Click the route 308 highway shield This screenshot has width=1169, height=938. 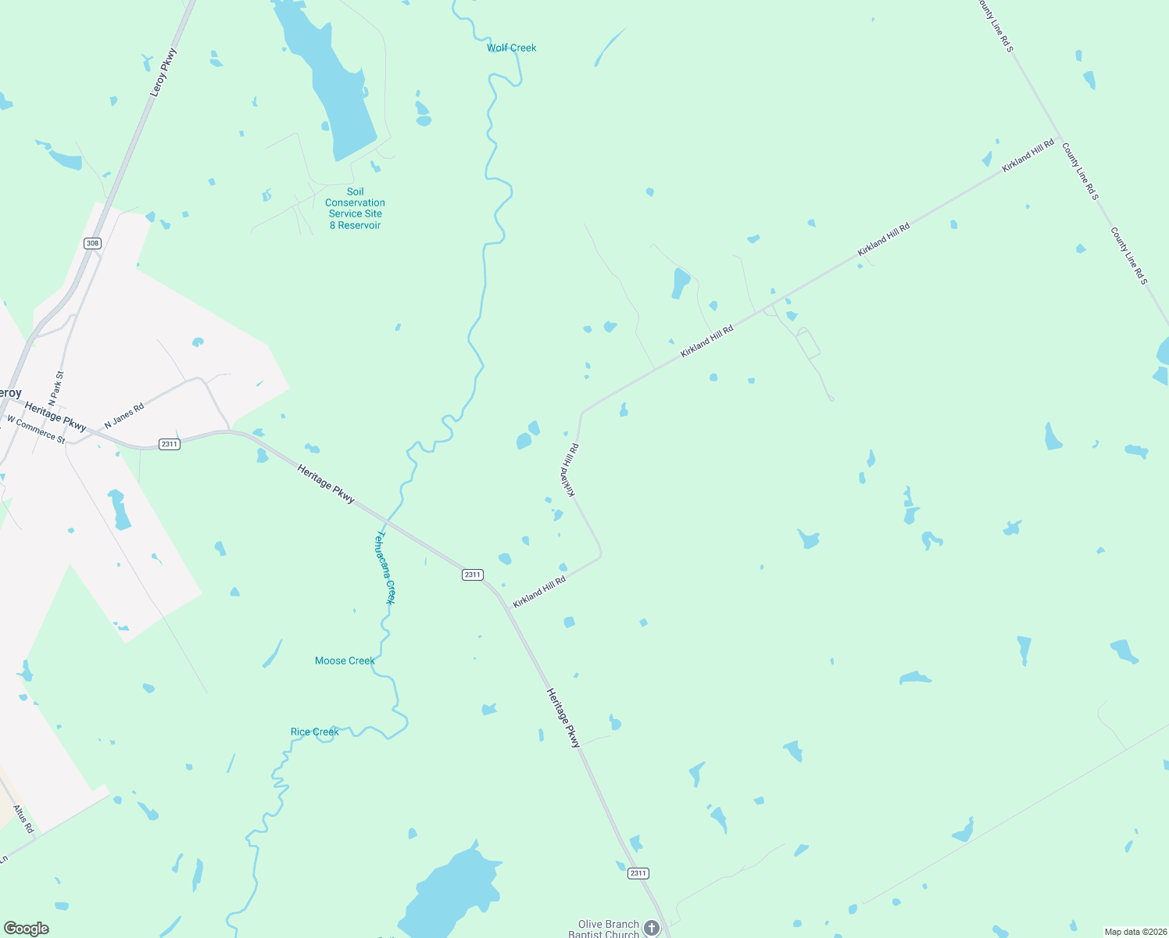92,243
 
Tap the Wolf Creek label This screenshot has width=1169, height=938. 511,48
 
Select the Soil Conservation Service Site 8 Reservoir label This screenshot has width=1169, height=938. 356,208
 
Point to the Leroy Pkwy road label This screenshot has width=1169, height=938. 163,73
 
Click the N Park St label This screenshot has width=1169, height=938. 55,388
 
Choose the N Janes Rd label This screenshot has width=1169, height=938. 124,414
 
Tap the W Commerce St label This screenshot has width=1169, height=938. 36,428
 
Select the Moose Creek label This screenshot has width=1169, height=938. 345,661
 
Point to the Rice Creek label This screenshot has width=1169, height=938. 314,732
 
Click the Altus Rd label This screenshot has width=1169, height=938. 23,818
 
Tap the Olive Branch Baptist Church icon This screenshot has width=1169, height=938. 652,928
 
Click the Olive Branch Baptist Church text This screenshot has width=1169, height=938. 608,929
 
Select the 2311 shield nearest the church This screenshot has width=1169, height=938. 638,873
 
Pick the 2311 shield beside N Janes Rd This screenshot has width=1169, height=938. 169,444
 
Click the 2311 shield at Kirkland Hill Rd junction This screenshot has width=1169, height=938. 472,575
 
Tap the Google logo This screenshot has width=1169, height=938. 27,929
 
